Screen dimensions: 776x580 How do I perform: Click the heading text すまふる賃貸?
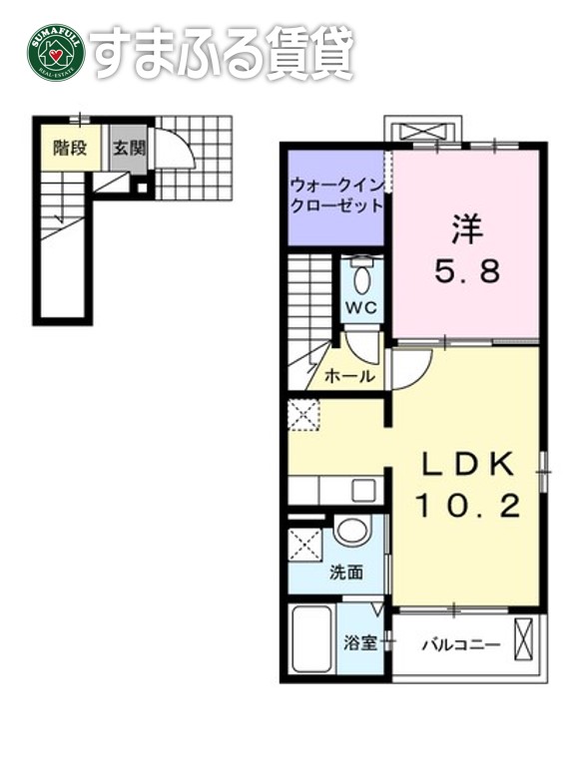tap(221, 51)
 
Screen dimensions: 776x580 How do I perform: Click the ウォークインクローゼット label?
tap(336, 195)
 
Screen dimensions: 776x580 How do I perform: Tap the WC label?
tap(360, 307)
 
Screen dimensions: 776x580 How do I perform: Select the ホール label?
tap(350, 376)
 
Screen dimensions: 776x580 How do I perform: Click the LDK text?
tap(466, 465)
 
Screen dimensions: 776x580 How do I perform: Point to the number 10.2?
tap(467, 508)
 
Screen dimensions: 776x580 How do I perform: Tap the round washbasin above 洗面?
tap(351, 531)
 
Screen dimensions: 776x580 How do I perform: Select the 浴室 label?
tap(360, 642)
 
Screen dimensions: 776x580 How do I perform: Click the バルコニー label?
tap(459, 644)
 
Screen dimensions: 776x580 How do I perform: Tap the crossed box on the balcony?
tap(525, 639)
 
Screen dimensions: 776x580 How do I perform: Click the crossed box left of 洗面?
tap(304, 546)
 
